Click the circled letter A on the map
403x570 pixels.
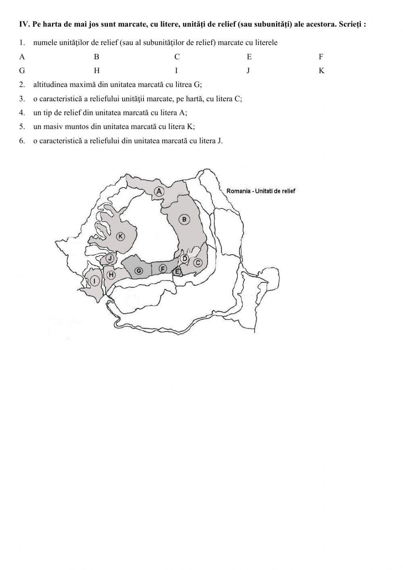click(x=159, y=191)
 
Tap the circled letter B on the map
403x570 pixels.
click(x=184, y=219)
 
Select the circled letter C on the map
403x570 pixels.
click(x=197, y=263)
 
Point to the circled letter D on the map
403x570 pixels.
click(x=185, y=258)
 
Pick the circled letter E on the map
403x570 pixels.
click(x=177, y=271)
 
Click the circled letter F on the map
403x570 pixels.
click(x=163, y=268)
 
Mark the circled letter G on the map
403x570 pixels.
click(x=139, y=271)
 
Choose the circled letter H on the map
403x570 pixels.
click(x=110, y=275)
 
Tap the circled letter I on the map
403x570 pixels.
click(x=94, y=281)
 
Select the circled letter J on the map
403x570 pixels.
click(x=110, y=258)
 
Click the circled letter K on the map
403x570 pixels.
click(x=120, y=236)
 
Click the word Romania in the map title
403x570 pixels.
click(x=238, y=191)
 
